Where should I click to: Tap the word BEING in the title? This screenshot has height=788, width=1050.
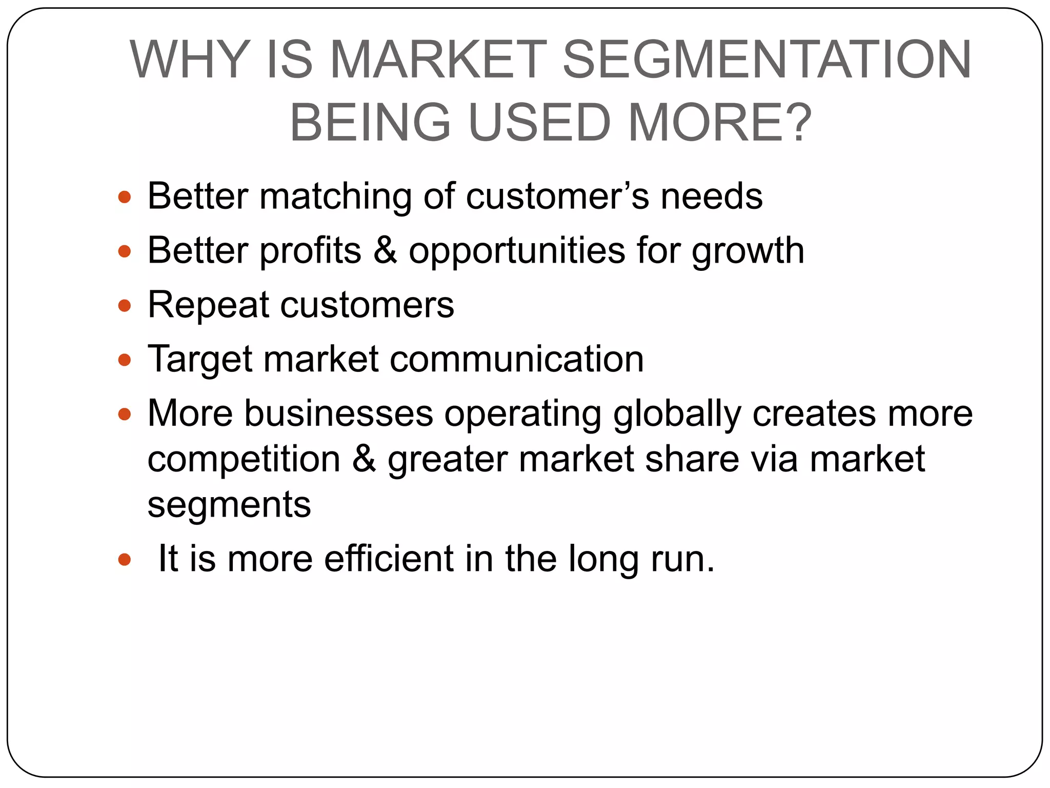(370, 123)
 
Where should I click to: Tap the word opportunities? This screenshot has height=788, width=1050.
(517, 251)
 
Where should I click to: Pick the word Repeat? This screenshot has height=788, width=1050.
(208, 305)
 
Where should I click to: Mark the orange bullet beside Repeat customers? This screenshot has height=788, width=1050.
(125, 306)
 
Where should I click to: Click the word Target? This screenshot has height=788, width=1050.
(199, 359)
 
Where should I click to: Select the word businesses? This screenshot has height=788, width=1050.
(338, 413)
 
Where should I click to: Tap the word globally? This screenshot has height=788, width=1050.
(677, 413)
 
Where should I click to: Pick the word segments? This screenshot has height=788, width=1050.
(229, 505)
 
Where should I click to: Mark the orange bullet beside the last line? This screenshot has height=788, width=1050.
(125, 560)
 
